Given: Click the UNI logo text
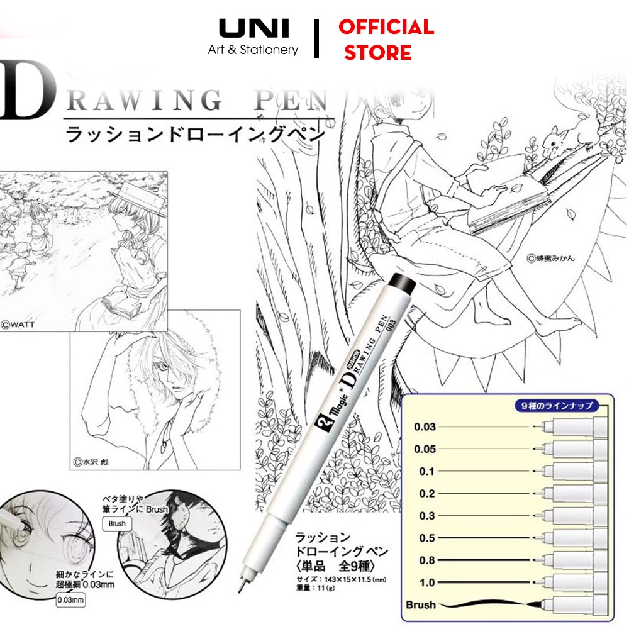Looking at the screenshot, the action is pyautogui.click(x=253, y=28).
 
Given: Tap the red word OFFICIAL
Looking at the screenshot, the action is pyautogui.click(x=386, y=27).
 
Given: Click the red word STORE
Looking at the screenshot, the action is pyautogui.click(x=377, y=53).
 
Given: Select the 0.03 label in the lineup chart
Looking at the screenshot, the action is pyautogui.click(x=425, y=427).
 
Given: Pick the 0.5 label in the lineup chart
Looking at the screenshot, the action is pyautogui.click(x=427, y=538).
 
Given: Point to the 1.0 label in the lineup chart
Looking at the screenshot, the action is pyautogui.click(x=427, y=582).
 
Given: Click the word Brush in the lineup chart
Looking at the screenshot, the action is pyautogui.click(x=420, y=605).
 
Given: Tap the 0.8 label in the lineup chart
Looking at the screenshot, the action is pyautogui.click(x=427, y=560).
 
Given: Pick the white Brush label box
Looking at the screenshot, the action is pyautogui.click(x=116, y=523).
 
